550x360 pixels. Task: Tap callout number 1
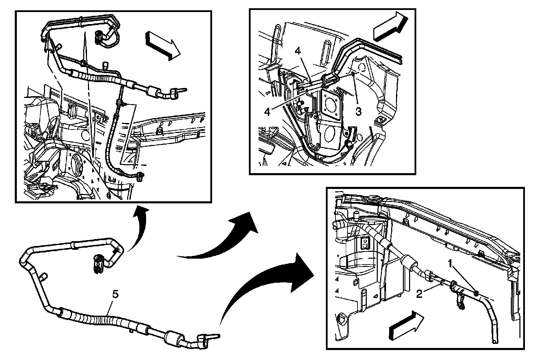pos(450,263)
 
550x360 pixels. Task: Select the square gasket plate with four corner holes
pos(330,106)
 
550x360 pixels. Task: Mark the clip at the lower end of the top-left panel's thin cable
pos(140,177)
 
